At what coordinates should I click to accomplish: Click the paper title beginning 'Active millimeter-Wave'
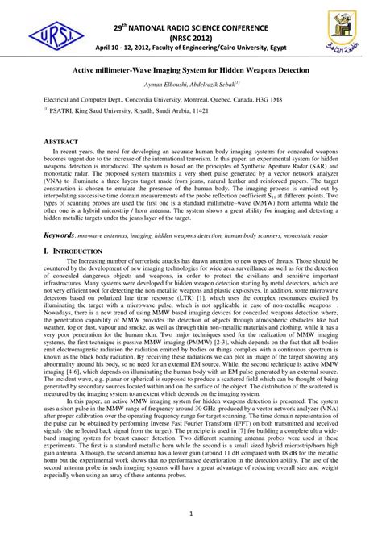click(x=191, y=71)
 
